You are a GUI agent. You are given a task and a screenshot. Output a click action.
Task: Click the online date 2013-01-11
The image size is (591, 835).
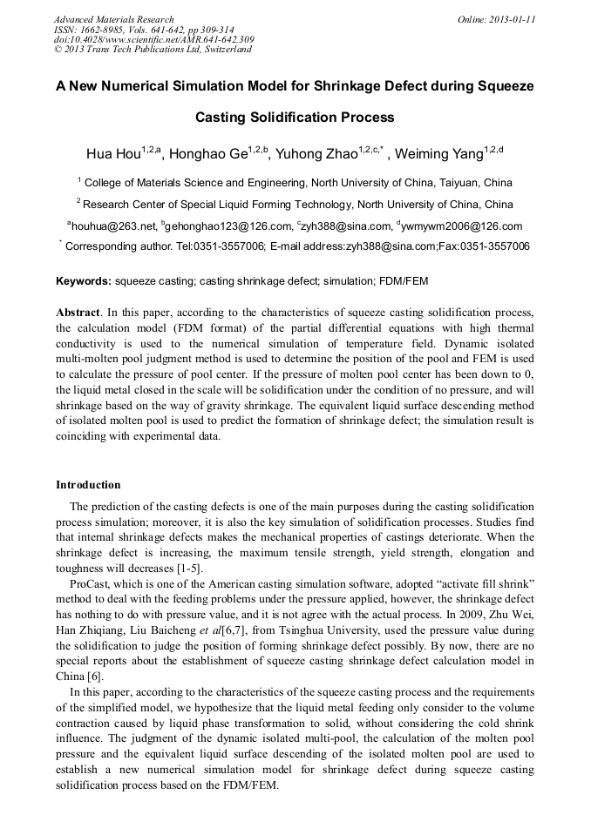[x=513, y=19]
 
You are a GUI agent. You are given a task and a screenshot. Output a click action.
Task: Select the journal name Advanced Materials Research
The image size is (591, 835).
[x=113, y=19]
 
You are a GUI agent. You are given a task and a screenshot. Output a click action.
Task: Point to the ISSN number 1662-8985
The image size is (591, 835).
[x=107, y=30]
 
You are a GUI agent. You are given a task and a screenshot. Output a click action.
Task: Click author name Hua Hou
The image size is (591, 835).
[x=114, y=154]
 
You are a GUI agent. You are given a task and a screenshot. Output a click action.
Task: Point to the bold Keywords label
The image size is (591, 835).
[x=83, y=281]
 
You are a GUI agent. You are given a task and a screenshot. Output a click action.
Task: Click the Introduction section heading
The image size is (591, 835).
[x=88, y=484]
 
